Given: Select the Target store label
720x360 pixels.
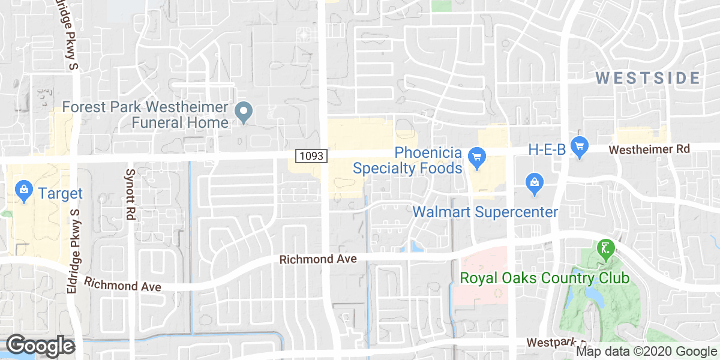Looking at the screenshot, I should [60, 194].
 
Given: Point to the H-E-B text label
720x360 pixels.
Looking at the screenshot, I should [547, 149].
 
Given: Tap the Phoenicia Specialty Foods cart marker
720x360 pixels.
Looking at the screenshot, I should [477, 157].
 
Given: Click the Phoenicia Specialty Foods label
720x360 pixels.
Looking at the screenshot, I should [407, 160].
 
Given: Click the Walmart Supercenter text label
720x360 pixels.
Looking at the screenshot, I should [485, 212].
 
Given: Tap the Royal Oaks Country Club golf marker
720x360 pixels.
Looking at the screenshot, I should [605, 248].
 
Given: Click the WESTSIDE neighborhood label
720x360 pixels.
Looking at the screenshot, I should [649, 78].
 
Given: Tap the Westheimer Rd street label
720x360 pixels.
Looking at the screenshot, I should [649, 148].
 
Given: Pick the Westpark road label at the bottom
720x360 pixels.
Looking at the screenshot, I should [550, 342].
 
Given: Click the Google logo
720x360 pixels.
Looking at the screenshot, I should [40, 346].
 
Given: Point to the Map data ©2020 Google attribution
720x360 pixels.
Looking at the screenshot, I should [647, 352].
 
